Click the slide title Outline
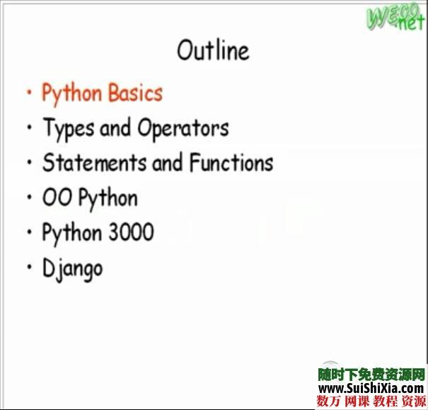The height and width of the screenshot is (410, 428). pos(213,51)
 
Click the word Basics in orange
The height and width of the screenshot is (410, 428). pos(135,93)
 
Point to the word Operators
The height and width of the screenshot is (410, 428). pos(183,128)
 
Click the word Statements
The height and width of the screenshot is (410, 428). pos(95,163)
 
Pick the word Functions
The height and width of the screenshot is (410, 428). pos(230,163)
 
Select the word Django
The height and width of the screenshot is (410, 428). pos(72,268)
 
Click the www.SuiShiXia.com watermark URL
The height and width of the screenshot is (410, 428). pos(371,388)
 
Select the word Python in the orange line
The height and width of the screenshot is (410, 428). pos(71,93)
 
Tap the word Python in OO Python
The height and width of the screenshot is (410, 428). pos(108,198)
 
